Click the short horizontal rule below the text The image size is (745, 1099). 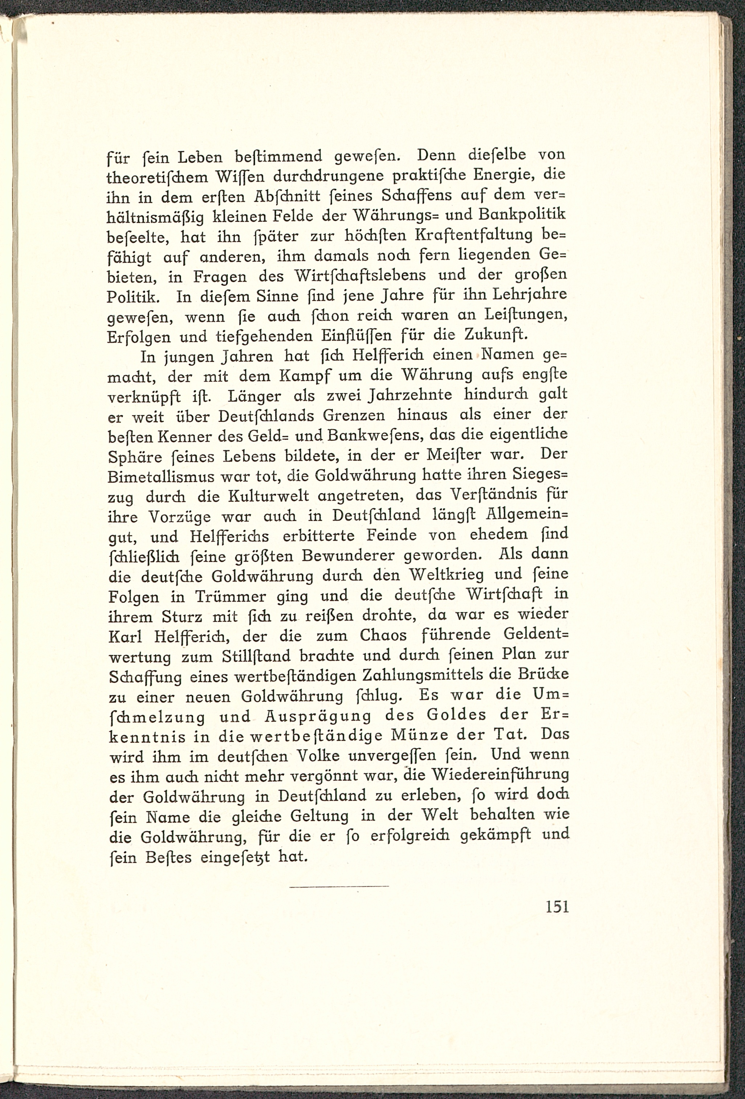click(339, 886)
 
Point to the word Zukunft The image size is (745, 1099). click(495, 335)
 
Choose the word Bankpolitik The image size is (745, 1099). click(523, 215)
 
